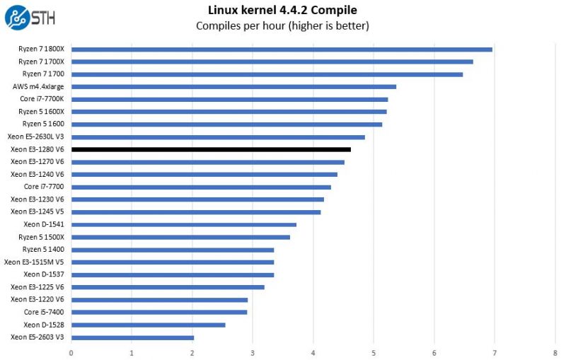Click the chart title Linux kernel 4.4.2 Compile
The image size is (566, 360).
click(282, 10)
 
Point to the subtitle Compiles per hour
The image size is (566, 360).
click(282, 26)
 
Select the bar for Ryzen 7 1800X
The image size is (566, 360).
click(282, 50)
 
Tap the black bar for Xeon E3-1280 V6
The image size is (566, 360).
click(211, 149)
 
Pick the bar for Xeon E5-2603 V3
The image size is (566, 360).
click(132, 337)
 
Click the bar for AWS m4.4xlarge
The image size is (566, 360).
click(233, 87)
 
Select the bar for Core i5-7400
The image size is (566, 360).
click(159, 312)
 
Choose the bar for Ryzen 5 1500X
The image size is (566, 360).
click(180, 237)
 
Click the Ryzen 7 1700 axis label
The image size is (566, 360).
click(43, 74)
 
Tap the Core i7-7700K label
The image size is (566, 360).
click(42, 100)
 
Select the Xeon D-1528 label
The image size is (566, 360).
click(44, 325)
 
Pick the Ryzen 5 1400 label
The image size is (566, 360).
click(43, 250)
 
